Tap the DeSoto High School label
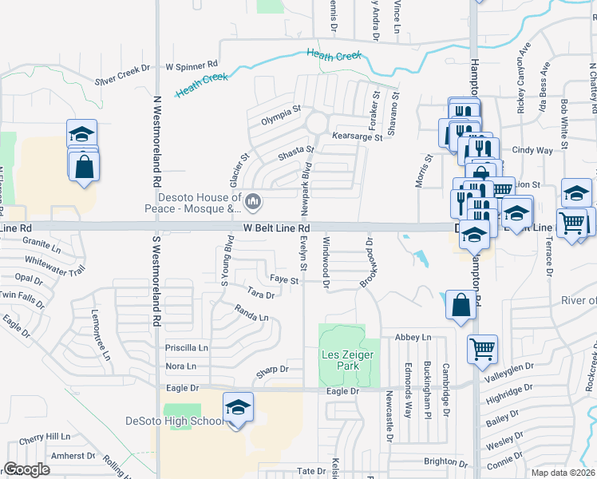pyautogui.click(x=175, y=422)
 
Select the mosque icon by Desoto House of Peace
pyautogui.click(x=253, y=202)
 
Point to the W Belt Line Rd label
pyautogui.click(x=271, y=228)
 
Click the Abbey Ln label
pyautogui.click(x=413, y=338)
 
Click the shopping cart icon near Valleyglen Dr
pyautogui.click(x=482, y=349)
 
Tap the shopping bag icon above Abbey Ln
pyautogui.click(x=461, y=305)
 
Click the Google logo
pyautogui.click(x=26, y=469)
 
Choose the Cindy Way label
pyautogui.click(x=532, y=150)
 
